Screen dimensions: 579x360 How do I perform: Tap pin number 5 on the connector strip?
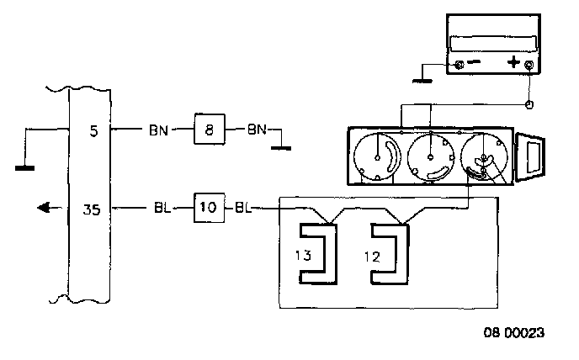pyautogui.click(x=93, y=130)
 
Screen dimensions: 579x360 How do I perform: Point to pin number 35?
pyautogui.click(x=91, y=209)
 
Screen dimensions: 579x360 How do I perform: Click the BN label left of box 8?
pyautogui.click(x=158, y=130)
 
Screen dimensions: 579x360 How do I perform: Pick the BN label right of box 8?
pyautogui.click(x=257, y=130)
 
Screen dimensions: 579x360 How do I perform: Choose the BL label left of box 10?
pyautogui.click(x=162, y=209)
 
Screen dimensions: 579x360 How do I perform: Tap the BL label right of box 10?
pyautogui.click(x=243, y=208)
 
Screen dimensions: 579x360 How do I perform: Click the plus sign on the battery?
pyautogui.click(x=513, y=62)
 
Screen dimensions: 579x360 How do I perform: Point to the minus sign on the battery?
pyautogui.click(x=474, y=62)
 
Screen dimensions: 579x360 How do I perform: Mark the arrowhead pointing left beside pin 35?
pyautogui.click(x=44, y=208)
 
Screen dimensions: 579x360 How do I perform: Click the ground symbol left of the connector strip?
pyautogui.click(x=24, y=168)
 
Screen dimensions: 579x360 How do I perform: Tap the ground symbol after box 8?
pyautogui.click(x=281, y=148)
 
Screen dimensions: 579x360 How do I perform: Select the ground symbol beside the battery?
pyautogui.click(x=422, y=81)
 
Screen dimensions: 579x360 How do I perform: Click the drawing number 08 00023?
pyautogui.click(x=514, y=333)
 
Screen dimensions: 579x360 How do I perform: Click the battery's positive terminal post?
pyautogui.click(x=529, y=66)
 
